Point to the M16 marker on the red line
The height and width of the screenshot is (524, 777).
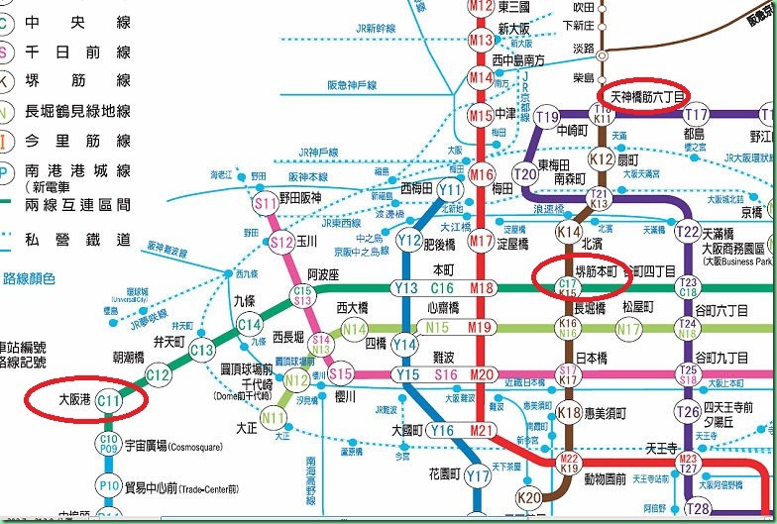482,175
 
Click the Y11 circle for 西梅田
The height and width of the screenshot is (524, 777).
451,190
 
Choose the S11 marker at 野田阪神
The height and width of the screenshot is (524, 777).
266,205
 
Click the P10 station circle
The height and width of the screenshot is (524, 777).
109,484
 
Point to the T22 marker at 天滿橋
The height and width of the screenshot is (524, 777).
687,231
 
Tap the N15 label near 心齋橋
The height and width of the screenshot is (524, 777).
437,327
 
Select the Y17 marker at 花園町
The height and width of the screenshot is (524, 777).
478,476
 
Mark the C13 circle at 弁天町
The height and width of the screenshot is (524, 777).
202,350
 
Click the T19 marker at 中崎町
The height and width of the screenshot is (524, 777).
547,117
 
